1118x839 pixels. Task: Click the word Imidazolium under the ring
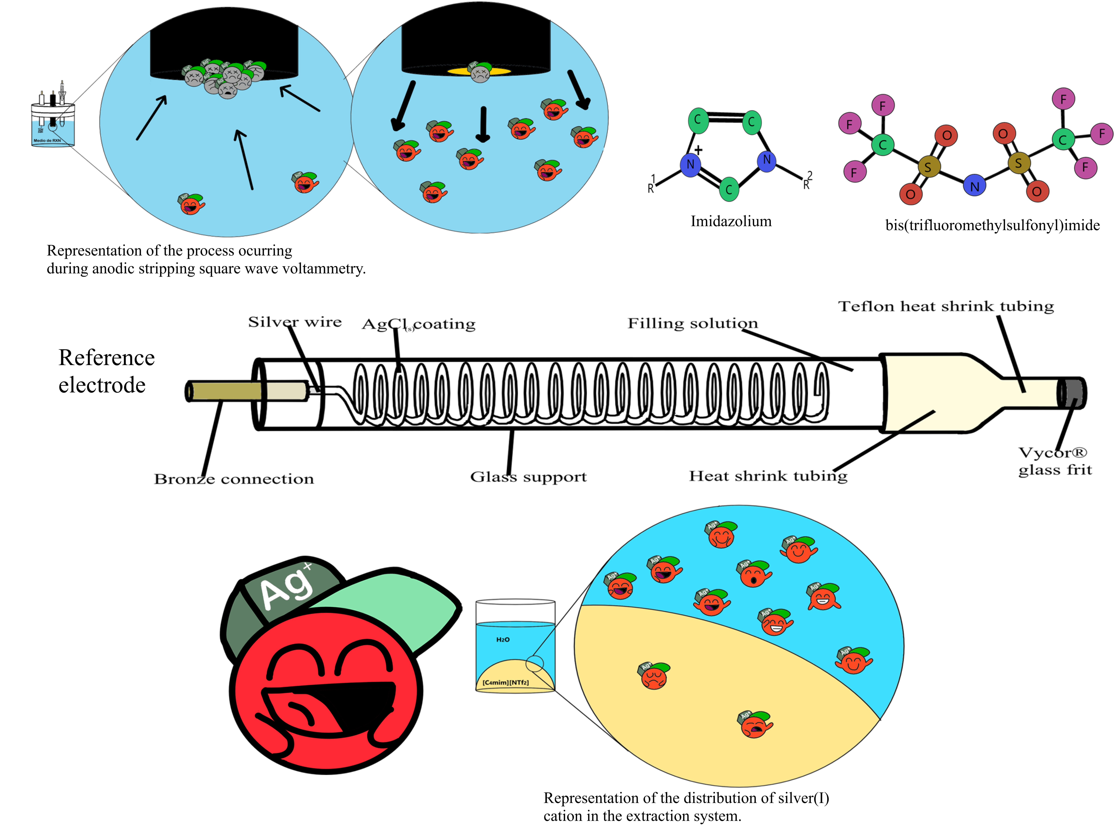[x=731, y=221]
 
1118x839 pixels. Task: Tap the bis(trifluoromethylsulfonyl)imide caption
[x=992, y=225]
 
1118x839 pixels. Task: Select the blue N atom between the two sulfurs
[x=975, y=186]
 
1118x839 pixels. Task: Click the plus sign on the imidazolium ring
[x=699, y=150]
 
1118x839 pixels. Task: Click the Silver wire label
[x=295, y=322]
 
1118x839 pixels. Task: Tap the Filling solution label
[x=692, y=323]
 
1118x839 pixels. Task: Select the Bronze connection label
[x=233, y=478]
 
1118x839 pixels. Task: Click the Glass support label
[x=528, y=476]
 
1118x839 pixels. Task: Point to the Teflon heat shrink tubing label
[x=946, y=306]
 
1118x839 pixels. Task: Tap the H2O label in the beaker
[x=503, y=640]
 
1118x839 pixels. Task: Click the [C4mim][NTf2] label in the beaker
[x=505, y=682]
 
